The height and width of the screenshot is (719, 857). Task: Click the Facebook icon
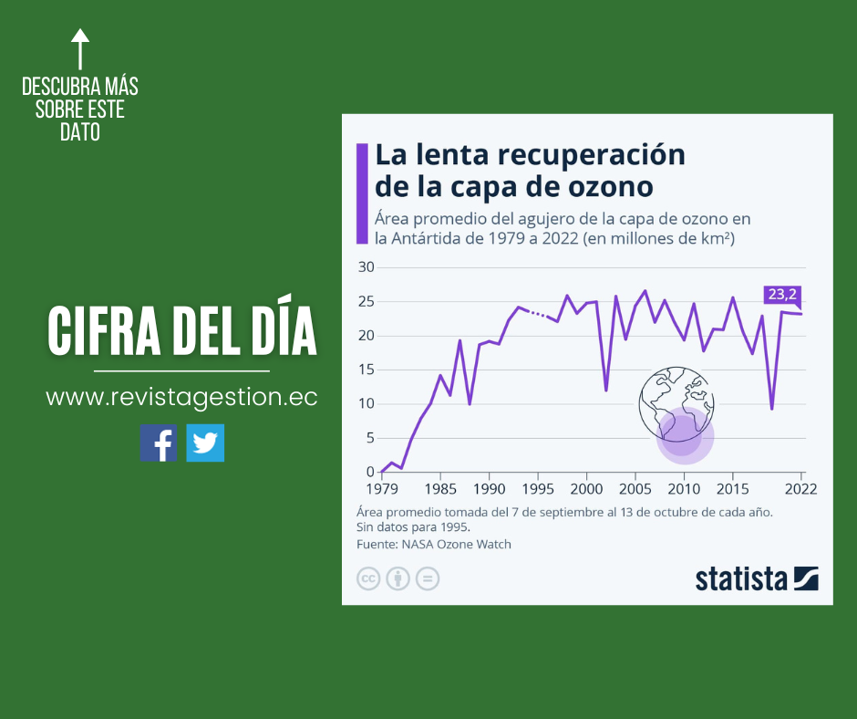tap(159, 443)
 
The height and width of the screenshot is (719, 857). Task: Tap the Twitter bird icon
tap(205, 443)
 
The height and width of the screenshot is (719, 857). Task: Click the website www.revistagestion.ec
tap(181, 398)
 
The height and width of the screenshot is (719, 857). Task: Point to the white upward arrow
tap(80, 48)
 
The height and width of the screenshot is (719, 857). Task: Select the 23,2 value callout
tap(781, 294)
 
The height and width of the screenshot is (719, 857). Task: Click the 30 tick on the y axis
tap(366, 267)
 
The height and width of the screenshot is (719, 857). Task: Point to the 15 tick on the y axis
tap(366, 370)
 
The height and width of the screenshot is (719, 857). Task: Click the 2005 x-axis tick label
tap(635, 489)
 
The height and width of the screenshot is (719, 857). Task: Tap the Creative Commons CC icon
tap(368, 578)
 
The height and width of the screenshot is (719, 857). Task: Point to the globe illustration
tap(675, 401)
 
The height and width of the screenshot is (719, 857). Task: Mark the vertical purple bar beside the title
tap(362, 193)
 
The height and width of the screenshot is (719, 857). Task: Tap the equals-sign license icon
tap(428, 578)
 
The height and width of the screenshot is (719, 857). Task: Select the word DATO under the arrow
tap(80, 133)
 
